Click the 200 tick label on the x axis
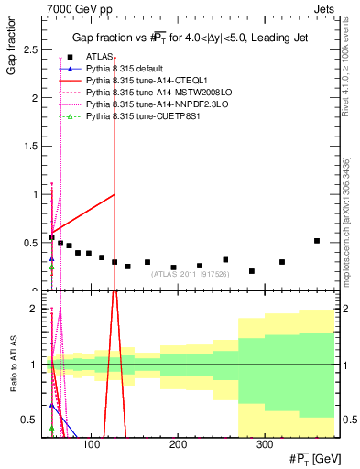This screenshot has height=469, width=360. (x=177, y=445)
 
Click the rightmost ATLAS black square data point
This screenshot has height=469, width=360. (x=317, y=241)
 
